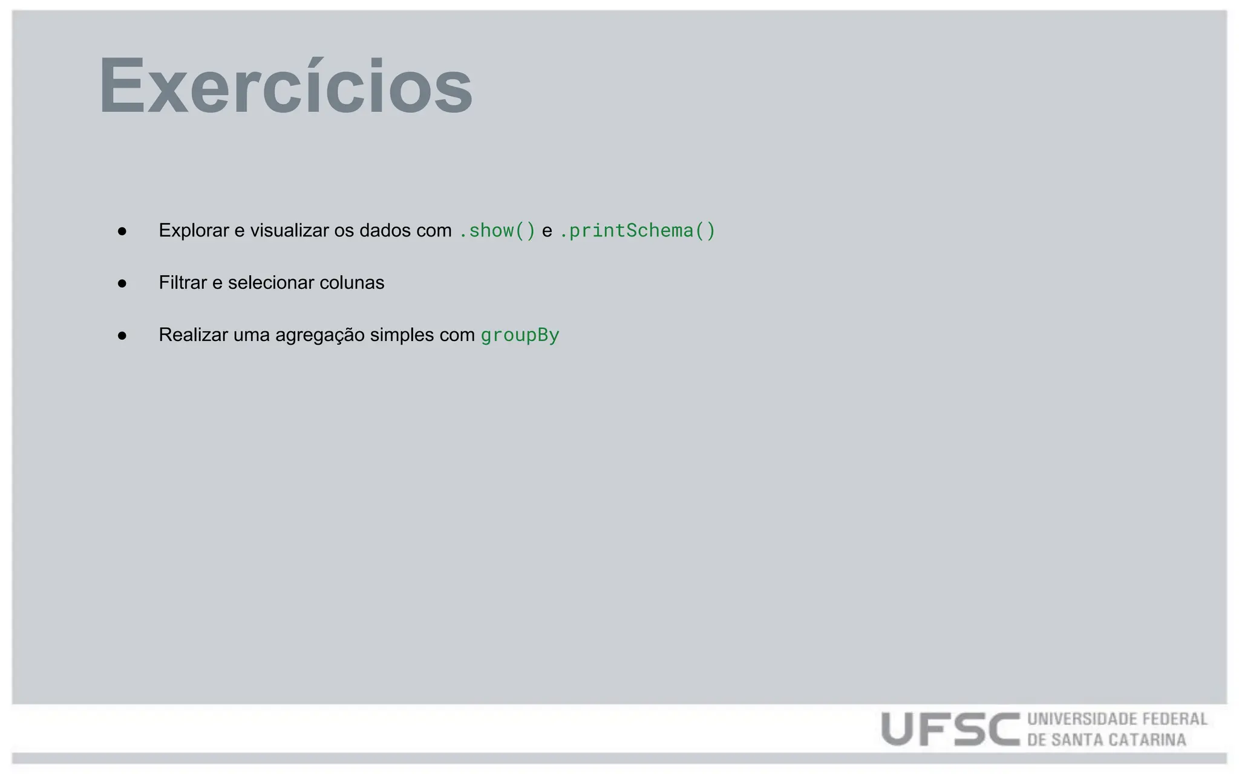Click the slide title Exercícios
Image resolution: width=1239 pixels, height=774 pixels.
[x=286, y=86]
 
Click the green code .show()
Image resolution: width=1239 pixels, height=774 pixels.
[x=497, y=230]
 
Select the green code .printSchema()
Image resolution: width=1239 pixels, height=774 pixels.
[x=637, y=230]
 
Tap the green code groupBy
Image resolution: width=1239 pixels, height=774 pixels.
[x=520, y=335]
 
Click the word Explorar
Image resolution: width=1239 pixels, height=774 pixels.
[x=194, y=230]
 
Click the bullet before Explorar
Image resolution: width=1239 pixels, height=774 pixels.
[x=122, y=231]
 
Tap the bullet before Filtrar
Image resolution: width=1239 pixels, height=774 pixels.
[x=122, y=283]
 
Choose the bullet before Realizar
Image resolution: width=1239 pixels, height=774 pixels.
[x=122, y=336]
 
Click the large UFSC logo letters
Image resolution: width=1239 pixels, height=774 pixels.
[x=950, y=729]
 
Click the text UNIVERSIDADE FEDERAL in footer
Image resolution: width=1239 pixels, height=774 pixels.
[x=1117, y=719]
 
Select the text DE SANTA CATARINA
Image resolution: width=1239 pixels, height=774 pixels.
[x=1107, y=740]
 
